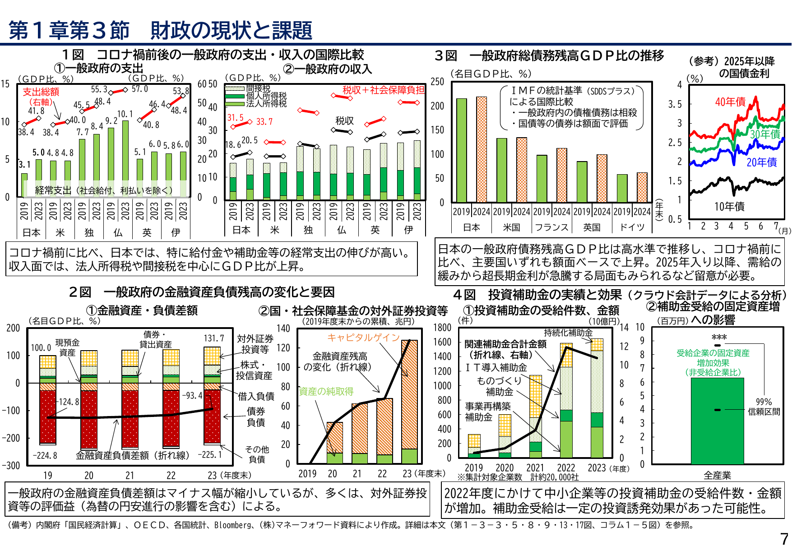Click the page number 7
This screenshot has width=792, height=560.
784,539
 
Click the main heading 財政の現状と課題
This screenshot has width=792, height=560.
231,31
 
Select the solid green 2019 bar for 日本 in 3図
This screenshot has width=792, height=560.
461,150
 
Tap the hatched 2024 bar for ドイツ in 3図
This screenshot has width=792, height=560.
642,187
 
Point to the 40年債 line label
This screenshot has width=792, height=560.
730,102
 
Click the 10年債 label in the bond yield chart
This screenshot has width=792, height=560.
729,207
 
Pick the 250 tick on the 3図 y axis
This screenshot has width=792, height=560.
437,82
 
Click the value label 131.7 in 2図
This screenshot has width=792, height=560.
214,338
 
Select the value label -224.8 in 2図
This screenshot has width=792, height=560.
45,456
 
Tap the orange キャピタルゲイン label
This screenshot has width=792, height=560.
364,338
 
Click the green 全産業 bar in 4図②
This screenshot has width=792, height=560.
717,421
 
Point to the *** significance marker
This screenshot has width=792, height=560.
719,338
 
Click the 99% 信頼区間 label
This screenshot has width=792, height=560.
764,407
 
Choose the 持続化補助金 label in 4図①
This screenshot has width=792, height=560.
568,333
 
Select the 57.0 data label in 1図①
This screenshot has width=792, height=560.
139,89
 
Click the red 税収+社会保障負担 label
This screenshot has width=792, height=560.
383,90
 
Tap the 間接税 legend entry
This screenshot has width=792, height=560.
258,88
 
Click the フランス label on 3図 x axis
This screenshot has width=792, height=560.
551,227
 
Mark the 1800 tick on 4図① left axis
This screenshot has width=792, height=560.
442,328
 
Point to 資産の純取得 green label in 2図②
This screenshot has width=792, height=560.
326,391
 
